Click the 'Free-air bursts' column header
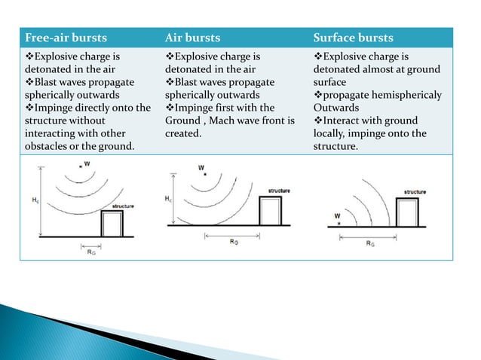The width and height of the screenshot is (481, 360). pyautogui.click(x=65, y=38)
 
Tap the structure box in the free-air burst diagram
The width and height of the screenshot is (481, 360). pyautogui.click(x=112, y=223)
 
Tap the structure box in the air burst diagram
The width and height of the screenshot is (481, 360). pyautogui.click(x=271, y=212)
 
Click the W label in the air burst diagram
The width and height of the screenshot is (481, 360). pyautogui.click(x=201, y=167)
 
